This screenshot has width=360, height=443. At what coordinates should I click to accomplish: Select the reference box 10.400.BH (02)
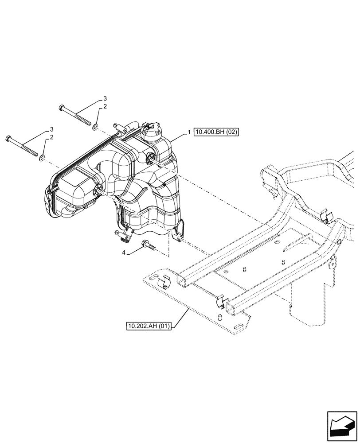pyautogui.click(x=216, y=132)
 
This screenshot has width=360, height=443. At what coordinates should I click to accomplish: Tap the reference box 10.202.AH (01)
pyautogui.click(x=150, y=327)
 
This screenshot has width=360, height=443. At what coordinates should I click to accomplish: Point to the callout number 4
pyautogui.click(x=124, y=253)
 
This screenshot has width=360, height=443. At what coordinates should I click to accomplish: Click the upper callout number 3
pyautogui.click(x=105, y=97)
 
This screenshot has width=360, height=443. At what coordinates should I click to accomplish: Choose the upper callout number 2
pyautogui.click(x=105, y=107)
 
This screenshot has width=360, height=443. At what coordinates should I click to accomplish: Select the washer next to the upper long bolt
pyautogui.click(x=96, y=128)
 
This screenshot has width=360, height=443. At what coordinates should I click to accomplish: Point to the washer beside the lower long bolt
pyautogui.click(x=42, y=158)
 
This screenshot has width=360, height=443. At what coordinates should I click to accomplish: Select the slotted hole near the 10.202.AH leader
pyautogui.click(x=239, y=326)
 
